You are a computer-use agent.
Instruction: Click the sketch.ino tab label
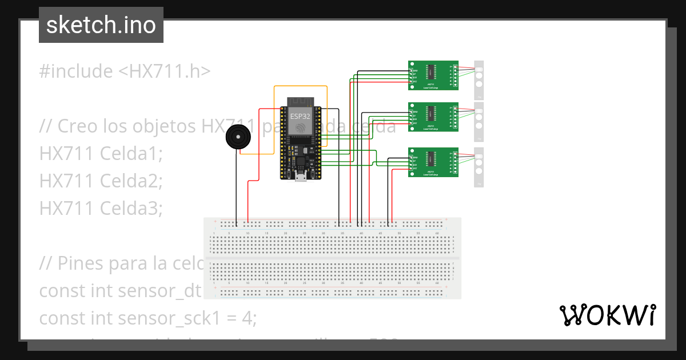101,25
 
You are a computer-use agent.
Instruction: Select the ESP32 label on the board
301,116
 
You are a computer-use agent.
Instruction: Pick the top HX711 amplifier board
433,75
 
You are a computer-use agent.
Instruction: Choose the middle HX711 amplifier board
433,117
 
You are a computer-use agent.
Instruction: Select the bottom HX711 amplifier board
433,162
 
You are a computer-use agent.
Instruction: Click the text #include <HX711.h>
125,71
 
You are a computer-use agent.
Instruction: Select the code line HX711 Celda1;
101,154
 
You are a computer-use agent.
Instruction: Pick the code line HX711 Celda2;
101,181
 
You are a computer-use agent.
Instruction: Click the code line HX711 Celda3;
101,209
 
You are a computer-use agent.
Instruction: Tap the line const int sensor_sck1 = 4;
147,318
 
